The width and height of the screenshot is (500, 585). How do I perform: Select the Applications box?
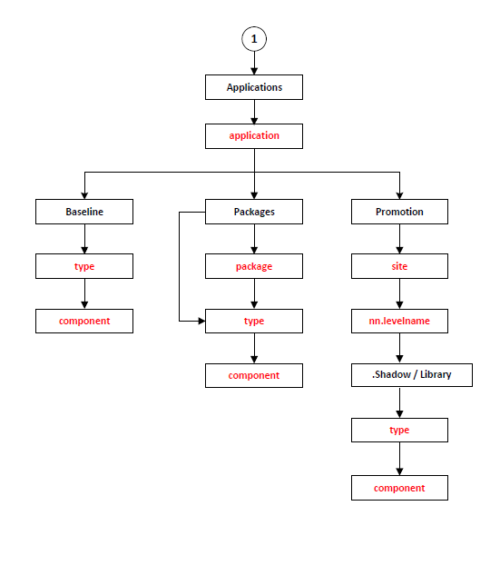tap(254, 87)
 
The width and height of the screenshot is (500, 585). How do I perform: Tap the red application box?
tap(254, 136)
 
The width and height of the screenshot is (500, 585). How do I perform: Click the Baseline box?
tap(84, 212)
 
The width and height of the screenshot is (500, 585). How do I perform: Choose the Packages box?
tap(254, 212)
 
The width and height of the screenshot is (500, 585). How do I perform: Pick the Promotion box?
tap(399, 212)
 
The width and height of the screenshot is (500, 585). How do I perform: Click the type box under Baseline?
tap(84, 266)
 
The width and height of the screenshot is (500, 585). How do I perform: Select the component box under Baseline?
tap(84, 321)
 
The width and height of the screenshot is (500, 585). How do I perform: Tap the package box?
tap(254, 266)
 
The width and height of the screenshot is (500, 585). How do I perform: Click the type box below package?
tap(254, 321)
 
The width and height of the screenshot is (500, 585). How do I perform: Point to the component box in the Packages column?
tap(254, 375)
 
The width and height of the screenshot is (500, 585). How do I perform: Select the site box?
tap(399, 266)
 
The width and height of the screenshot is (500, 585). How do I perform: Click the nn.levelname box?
tap(399, 321)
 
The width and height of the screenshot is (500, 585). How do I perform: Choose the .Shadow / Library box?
tap(412, 375)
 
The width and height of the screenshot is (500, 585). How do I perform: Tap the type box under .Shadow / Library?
tap(399, 430)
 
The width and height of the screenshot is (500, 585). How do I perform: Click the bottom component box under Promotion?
tap(399, 488)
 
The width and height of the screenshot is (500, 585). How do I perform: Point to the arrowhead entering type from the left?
tap(201, 321)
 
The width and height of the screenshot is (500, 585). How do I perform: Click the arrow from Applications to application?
tap(254, 112)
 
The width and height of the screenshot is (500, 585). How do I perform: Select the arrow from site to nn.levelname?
tap(399, 293)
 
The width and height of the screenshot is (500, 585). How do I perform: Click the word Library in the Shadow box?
tap(436, 374)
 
